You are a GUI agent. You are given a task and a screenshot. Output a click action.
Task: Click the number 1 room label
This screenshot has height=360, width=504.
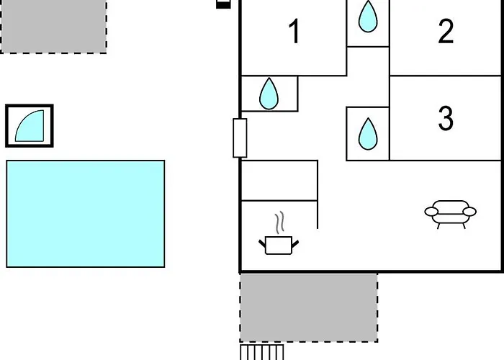[x=294, y=31]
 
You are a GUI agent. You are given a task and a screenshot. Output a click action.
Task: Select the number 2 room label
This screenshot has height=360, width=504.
[x=446, y=31]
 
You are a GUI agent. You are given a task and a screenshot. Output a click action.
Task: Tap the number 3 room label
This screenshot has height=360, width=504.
[x=446, y=118]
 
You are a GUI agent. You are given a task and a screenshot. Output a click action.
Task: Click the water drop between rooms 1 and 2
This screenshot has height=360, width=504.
[x=368, y=17]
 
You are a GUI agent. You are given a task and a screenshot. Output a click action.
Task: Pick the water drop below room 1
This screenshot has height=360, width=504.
[x=269, y=94]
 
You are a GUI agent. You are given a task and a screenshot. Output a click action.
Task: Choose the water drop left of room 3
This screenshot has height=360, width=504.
[x=368, y=134]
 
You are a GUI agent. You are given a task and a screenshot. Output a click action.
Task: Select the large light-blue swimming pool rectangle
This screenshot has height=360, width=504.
[x=86, y=214]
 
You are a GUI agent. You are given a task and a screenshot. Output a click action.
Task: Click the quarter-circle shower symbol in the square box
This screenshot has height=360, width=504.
[x=30, y=126]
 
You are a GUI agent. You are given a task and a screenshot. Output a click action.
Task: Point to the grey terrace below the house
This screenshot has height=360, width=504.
[x=309, y=307]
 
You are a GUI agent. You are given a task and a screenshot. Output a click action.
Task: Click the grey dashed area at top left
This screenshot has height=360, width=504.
[x=53, y=27]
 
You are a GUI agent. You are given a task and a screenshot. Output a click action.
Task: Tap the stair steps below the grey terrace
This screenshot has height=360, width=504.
[x=262, y=352]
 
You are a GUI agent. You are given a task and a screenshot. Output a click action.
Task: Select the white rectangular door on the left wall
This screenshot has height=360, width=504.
[x=240, y=138]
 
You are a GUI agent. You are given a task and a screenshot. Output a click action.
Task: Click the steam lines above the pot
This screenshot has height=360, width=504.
[x=280, y=222]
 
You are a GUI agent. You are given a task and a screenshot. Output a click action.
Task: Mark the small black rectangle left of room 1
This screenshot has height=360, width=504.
[x=223, y=4]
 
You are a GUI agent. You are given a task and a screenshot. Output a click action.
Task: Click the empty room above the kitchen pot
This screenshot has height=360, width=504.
[x=279, y=180]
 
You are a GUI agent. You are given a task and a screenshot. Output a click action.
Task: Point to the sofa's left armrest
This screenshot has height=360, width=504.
[x=431, y=212]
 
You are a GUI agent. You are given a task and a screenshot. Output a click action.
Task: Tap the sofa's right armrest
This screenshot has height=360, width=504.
[x=469, y=212]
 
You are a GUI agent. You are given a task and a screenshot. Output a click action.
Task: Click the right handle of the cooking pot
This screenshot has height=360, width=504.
[x=295, y=244]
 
